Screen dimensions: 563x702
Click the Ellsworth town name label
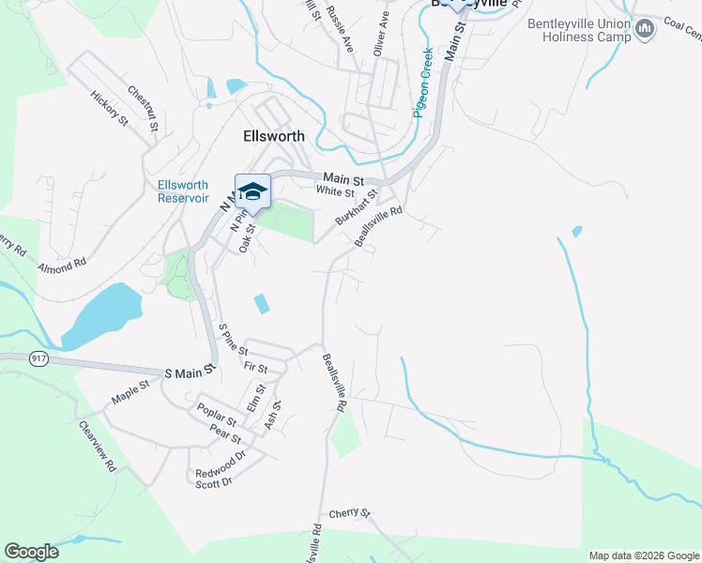point(274,136)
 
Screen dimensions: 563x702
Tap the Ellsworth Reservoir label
point(183,191)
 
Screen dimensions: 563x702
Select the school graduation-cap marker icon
point(252,192)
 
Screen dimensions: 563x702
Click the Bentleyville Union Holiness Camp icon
point(645,30)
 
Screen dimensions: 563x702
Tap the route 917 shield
point(38,358)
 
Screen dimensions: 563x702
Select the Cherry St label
point(350,514)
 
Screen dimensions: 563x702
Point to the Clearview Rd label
point(98,445)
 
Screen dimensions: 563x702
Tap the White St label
point(335,191)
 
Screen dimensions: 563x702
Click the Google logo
point(31,552)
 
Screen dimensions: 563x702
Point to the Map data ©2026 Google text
point(644,555)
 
